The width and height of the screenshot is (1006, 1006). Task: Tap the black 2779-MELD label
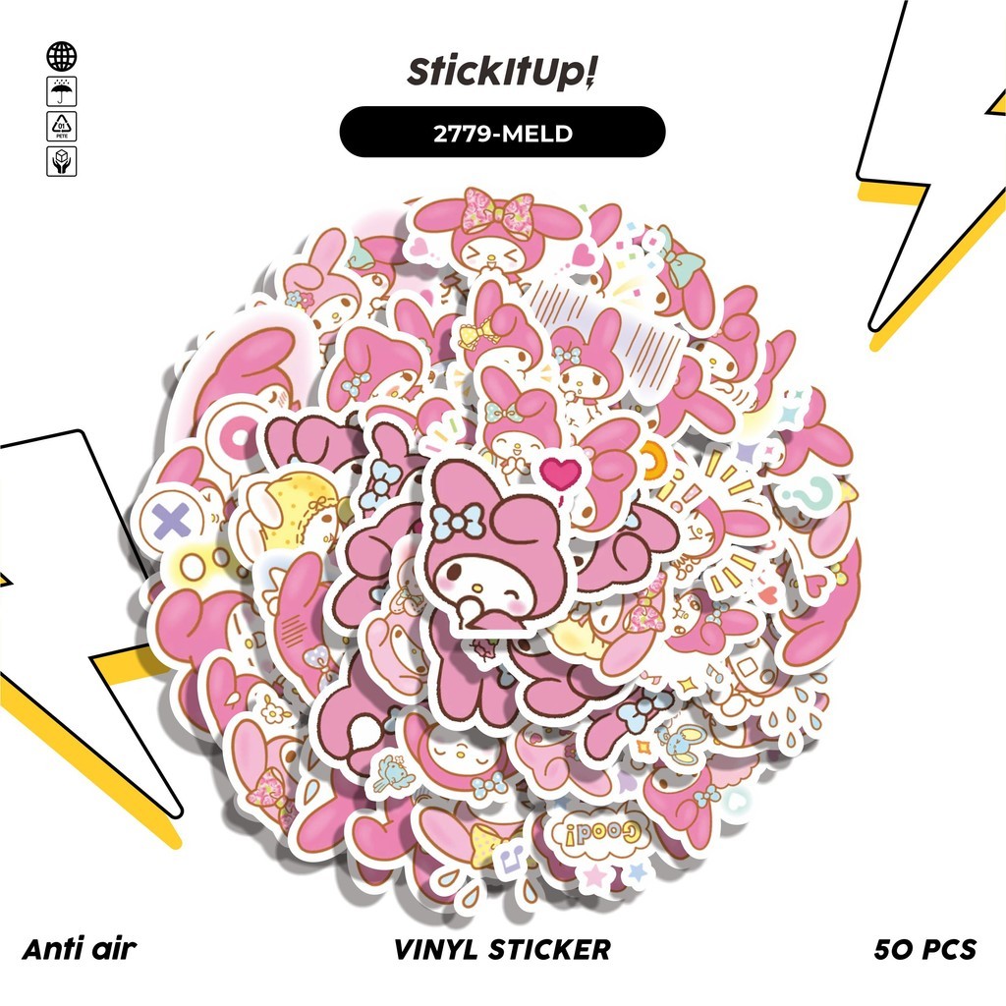(503, 133)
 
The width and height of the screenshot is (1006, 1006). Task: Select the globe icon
(62, 56)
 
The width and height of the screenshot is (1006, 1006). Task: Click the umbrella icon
(62, 92)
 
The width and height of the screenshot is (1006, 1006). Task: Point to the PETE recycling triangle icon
(62, 127)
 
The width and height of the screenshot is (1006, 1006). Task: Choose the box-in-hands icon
(62, 161)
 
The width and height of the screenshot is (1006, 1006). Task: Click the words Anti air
(79, 949)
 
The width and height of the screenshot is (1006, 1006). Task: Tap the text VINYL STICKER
(503, 949)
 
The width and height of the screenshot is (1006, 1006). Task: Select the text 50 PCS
(925, 949)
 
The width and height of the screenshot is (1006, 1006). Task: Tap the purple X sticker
(171, 520)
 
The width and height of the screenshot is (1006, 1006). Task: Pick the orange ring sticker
(651, 454)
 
